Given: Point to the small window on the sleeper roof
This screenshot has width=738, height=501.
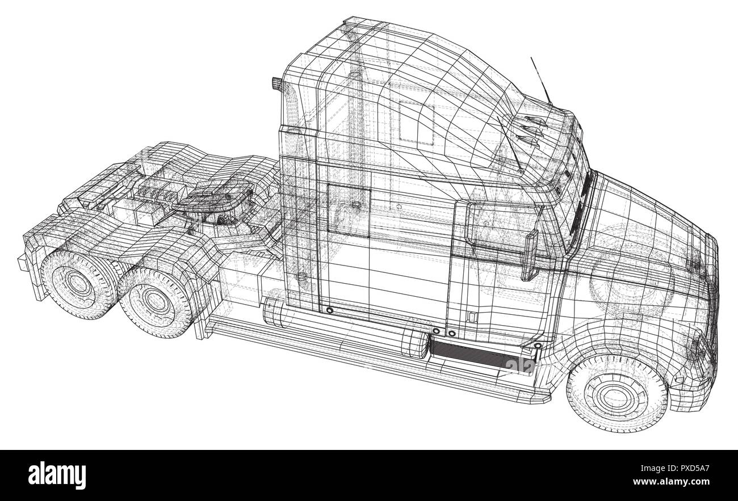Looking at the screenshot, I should point(416,121).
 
